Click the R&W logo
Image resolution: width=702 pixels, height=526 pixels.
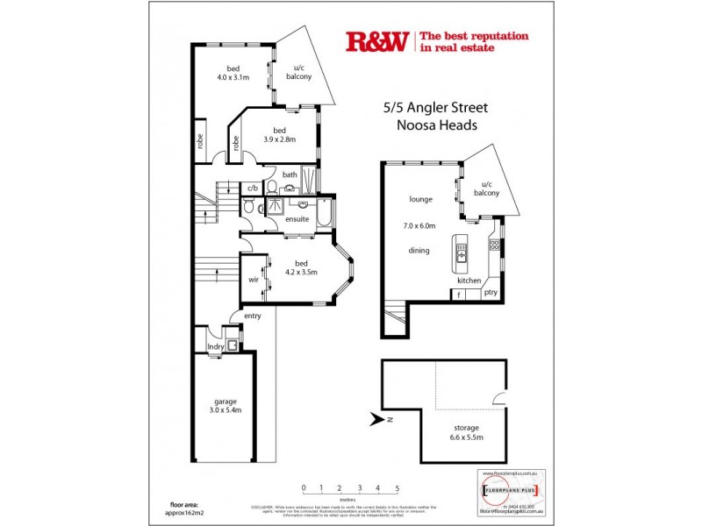tap(378, 41)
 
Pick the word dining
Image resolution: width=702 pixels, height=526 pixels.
tap(420, 252)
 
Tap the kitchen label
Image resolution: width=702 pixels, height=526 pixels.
tap(469, 281)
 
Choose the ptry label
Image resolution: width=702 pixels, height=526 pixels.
tap(491, 293)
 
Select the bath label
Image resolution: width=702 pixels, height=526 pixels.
tap(289, 174)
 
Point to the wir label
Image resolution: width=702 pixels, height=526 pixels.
tap(253, 281)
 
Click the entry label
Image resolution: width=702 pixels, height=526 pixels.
tap(253, 316)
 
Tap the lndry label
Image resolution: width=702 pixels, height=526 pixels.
tap(215, 347)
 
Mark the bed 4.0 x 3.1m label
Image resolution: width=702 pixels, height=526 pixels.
tap(233, 73)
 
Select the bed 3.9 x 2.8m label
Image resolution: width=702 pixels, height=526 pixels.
tap(281, 134)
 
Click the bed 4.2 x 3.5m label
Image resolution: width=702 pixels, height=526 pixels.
tap(301, 267)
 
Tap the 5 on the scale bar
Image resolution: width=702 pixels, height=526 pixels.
tap(398, 487)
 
